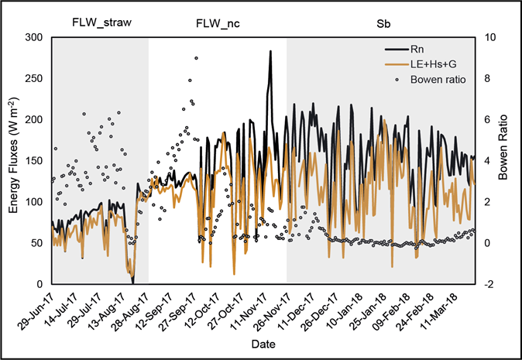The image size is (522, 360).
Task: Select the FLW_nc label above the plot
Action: pyautogui.click(x=218, y=22)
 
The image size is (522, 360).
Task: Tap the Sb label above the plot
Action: pyautogui.click(x=383, y=22)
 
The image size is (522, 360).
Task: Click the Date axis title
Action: pyautogui.click(x=263, y=342)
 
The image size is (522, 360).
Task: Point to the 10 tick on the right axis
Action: pyautogui.click(x=486, y=37)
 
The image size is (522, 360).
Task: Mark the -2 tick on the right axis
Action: pyautogui.click(x=486, y=283)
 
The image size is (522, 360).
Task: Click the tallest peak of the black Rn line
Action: pyautogui.click(x=270, y=51)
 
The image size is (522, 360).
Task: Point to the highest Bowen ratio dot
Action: pyautogui.click(x=196, y=58)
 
